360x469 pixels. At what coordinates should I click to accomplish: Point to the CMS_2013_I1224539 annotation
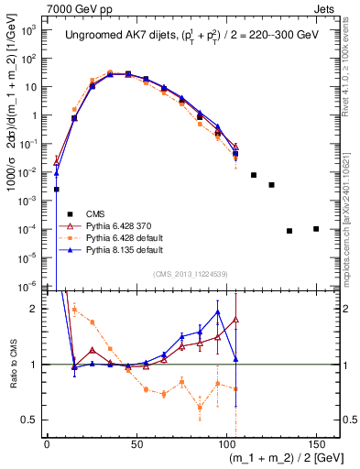pyautogui.click(x=191, y=272)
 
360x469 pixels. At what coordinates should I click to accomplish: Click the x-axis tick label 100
pyautogui.click(x=226, y=444)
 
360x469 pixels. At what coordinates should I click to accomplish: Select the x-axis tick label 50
pyautogui.click(x=136, y=444)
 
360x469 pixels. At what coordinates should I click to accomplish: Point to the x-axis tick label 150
pyautogui.click(x=316, y=444)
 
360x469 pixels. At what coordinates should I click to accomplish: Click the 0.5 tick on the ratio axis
pyautogui.click(x=31, y=420)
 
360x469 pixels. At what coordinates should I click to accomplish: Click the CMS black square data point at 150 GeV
pyautogui.click(x=316, y=228)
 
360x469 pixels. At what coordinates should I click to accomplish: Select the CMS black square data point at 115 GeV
pyautogui.click(x=254, y=175)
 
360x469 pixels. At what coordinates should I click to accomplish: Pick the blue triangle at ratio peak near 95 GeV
pyautogui.click(x=217, y=312)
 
